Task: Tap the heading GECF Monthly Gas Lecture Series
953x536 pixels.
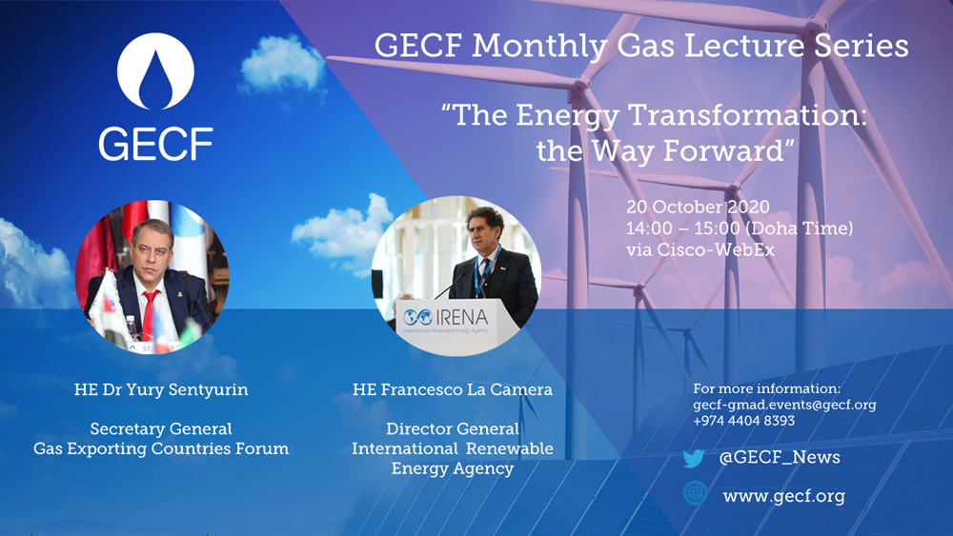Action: pyautogui.click(x=640, y=46)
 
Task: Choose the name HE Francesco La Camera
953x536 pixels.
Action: pyautogui.click(x=453, y=389)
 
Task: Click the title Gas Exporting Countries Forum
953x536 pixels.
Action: pyautogui.click(x=160, y=448)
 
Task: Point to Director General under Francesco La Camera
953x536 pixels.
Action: pyautogui.click(x=453, y=429)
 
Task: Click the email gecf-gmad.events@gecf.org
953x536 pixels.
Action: pyautogui.click(x=784, y=405)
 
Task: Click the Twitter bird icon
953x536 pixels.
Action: pyautogui.click(x=694, y=458)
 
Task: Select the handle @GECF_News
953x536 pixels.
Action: pyautogui.click(x=780, y=458)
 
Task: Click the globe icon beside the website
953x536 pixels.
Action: pyautogui.click(x=695, y=494)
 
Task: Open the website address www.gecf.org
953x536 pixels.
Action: pyautogui.click(x=783, y=495)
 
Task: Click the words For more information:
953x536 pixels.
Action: pyautogui.click(x=767, y=388)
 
